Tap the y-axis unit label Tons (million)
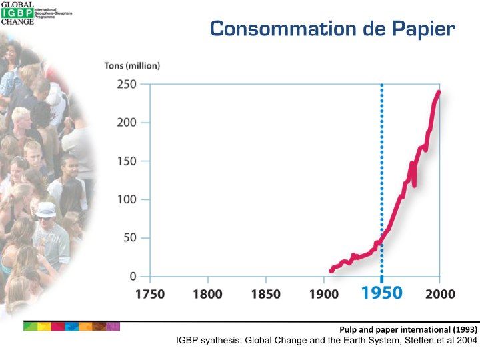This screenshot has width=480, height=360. [x=132, y=67]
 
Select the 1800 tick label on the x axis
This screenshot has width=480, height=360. [x=208, y=294]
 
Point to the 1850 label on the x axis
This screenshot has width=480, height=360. [x=266, y=294]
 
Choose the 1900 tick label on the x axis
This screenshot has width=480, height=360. [x=324, y=294]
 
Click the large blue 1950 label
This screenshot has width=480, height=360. [x=382, y=294]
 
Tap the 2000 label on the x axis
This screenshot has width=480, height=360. [x=439, y=294]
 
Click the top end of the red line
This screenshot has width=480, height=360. [x=439, y=92]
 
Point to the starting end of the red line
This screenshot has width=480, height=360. [x=331, y=271]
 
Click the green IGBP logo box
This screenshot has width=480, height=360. [x=15, y=12]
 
